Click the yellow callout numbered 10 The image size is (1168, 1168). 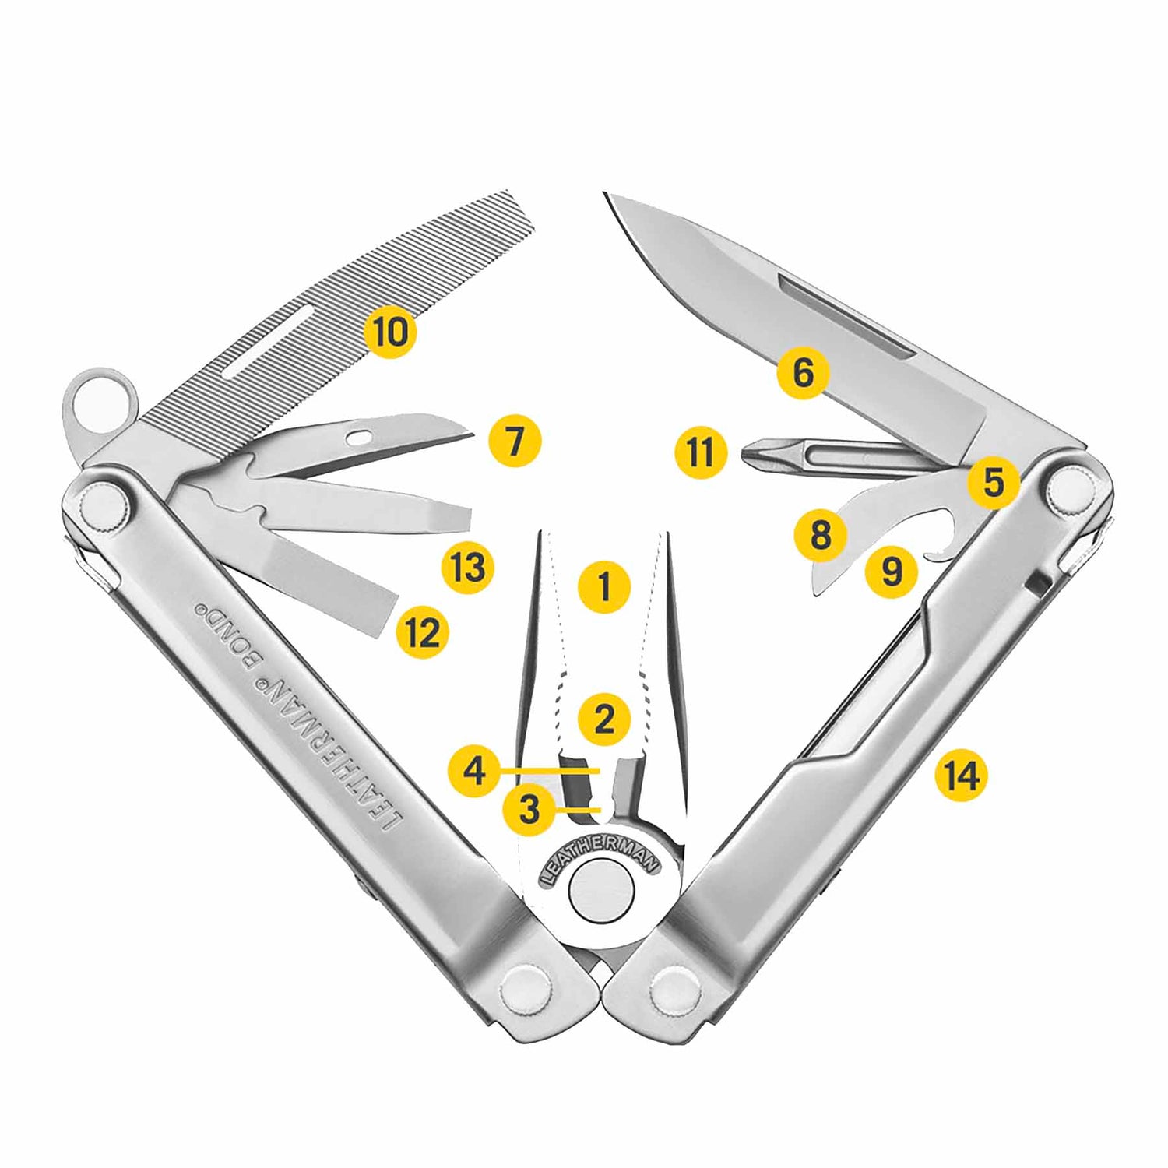[x=390, y=332]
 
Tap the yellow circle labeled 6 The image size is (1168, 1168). [x=803, y=372]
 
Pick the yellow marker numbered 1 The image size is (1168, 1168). [x=604, y=586]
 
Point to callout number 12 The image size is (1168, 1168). [x=424, y=632]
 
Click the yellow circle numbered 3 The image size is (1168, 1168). [x=529, y=809]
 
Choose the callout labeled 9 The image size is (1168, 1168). [x=892, y=572]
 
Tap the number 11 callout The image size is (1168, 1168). [x=701, y=452]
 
